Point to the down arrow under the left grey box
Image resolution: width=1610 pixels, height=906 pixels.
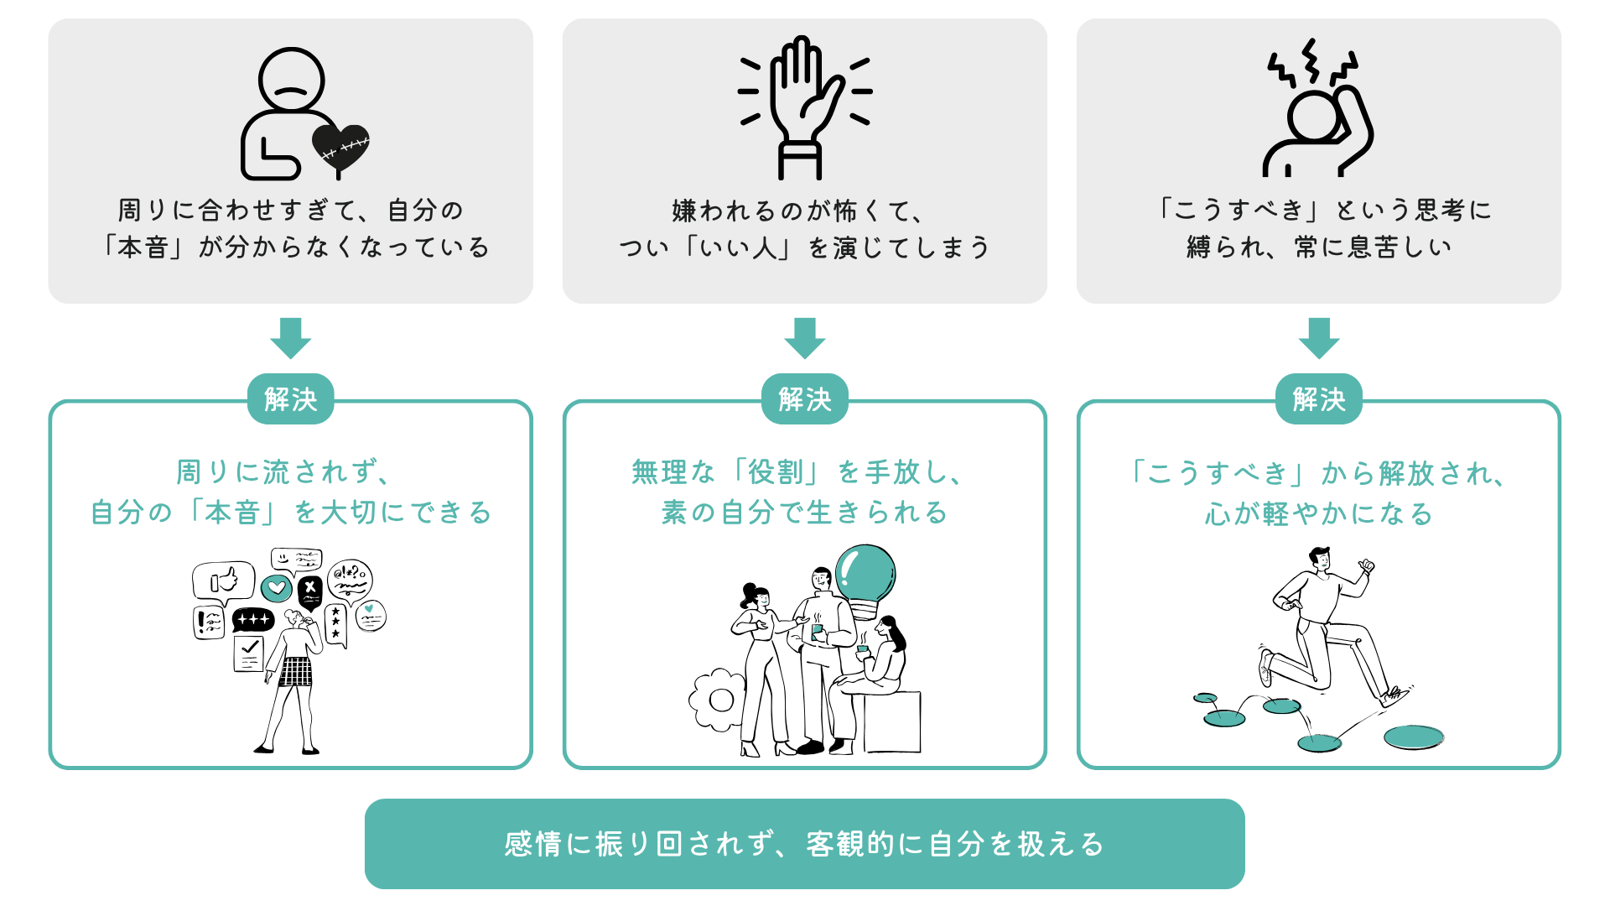click(290, 337)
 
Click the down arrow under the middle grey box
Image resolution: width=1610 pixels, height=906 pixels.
click(804, 337)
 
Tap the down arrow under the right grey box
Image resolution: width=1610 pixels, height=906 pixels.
click(1318, 337)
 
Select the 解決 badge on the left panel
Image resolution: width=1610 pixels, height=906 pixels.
click(290, 399)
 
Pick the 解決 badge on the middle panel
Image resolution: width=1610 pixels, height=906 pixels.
click(804, 399)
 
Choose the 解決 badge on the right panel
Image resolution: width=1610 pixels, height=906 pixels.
click(1318, 399)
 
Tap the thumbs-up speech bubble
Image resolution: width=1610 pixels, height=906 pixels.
click(224, 580)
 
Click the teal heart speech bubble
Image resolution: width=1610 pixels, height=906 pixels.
click(277, 588)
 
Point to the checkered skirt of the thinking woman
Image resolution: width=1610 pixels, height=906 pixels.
click(295, 671)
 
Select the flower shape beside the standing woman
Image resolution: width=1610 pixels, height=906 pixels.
click(718, 699)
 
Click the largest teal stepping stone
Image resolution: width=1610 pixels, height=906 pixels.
click(1414, 737)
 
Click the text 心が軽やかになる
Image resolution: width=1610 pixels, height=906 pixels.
click(1318, 513)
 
